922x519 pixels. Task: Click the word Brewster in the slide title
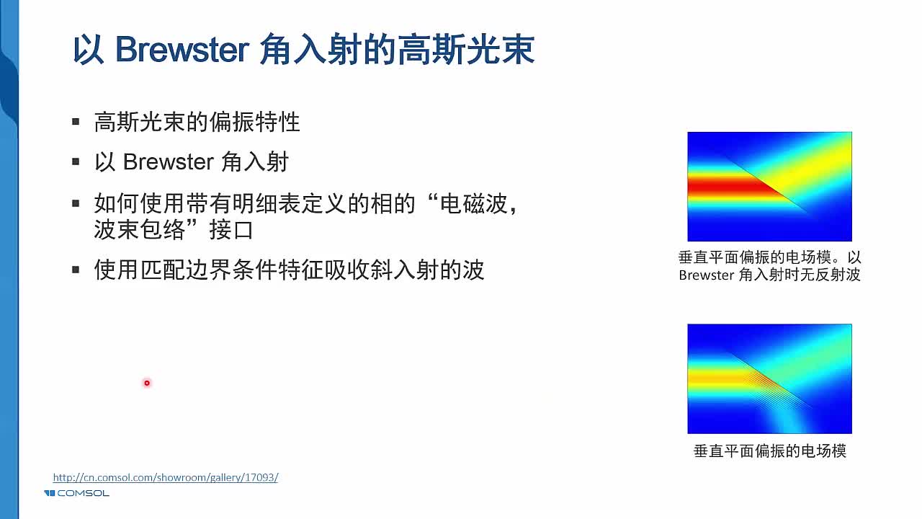[x=182, y=50]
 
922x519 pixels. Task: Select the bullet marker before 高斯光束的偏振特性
[x=76, y=123]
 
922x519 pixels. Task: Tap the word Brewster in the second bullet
[x=168, y=162]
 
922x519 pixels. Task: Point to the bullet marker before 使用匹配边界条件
[x=76, y=270]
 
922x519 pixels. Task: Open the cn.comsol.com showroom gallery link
[x=165, y=477]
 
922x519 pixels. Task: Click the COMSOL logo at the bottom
[x=76, y=493]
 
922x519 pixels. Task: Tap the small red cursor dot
[x=147, y=383]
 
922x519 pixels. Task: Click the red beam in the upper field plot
[x=728, y=187]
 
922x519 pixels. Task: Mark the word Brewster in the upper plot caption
[x=706, y=275]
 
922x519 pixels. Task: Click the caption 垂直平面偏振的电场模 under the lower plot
[x=769, y=451]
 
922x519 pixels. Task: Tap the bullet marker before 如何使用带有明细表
[x=76, y=203]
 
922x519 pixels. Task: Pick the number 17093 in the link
[x=260, y=477]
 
